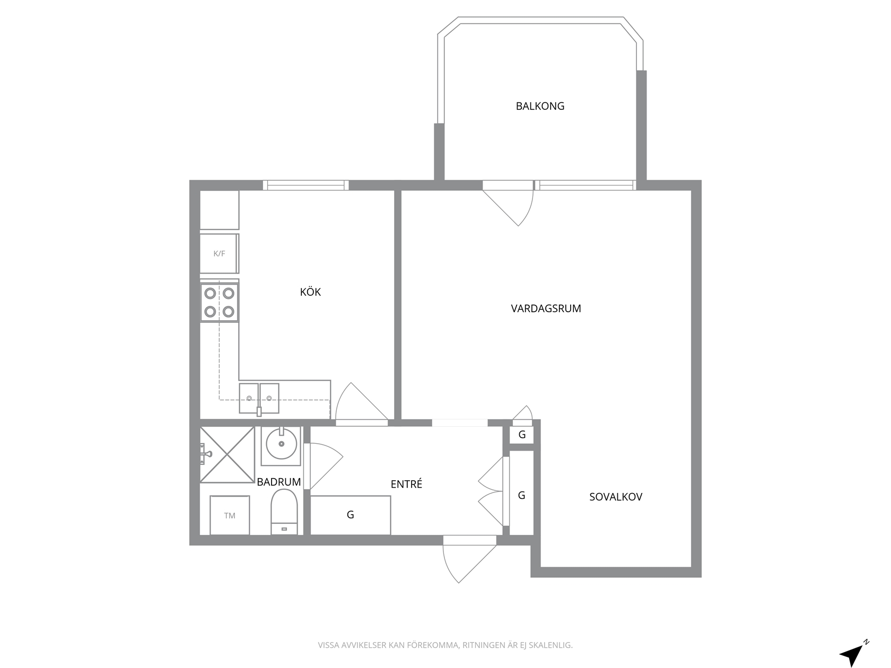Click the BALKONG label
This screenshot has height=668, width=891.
(540, 106)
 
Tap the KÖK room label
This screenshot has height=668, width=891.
(311, 292)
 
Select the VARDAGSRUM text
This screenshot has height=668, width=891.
(546, 309)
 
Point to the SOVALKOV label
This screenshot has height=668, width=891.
(616, 497)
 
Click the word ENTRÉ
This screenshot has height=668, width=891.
(406, 484)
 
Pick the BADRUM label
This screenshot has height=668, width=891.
(279, 482)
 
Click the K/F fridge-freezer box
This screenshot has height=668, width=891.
(219, 253)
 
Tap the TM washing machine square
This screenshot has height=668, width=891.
(230, 515)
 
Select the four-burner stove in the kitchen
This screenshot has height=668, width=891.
(219, 303)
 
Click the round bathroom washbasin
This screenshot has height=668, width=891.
(281, 445)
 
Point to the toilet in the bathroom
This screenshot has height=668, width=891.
(284, 512)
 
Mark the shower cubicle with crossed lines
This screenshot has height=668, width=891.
(228, 455)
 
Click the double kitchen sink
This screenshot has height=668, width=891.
(259, 398)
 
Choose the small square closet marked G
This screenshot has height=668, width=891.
(522, 435)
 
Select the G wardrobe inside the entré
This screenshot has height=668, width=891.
(351, 515)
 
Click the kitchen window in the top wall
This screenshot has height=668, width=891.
(305, 186)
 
